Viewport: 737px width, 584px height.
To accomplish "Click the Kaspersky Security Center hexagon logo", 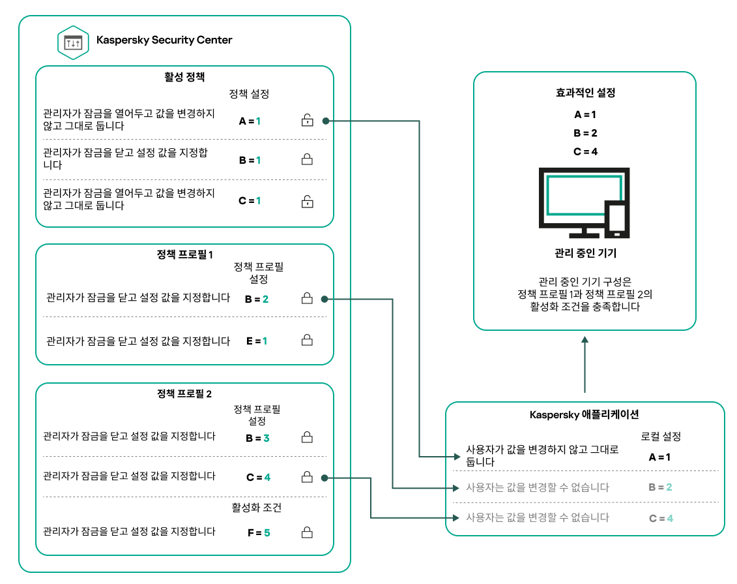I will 73,43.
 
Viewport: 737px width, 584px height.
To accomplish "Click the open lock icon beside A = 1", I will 306,120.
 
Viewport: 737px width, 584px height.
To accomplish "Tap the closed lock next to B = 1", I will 306,159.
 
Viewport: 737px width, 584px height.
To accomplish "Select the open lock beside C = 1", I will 306,201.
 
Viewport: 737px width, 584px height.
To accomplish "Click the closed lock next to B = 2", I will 306,299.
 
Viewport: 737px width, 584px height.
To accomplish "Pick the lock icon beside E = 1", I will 306,340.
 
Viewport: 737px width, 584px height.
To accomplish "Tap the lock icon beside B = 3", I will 306,438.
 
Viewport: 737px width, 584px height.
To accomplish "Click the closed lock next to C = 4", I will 306,477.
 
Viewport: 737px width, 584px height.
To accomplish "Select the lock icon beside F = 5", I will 306,532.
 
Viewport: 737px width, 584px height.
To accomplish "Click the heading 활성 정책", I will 184,77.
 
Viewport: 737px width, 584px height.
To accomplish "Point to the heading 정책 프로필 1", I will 184,254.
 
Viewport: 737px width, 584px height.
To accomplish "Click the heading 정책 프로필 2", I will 184,394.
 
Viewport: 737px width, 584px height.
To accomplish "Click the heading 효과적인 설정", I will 585,93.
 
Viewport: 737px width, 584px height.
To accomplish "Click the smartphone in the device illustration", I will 617,219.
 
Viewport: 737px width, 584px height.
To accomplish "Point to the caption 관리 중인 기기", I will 585,253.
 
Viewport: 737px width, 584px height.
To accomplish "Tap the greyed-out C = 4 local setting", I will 659,519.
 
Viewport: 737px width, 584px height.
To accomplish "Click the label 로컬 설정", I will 661,437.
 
